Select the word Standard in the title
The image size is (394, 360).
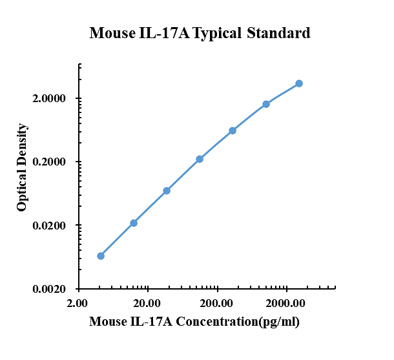tap(279, 33)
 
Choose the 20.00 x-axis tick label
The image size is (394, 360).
tap(147, 302)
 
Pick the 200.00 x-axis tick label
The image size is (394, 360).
tap(217, 302)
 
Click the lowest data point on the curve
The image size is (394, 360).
tap(101, 256)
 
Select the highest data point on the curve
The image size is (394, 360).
tap(299, 83)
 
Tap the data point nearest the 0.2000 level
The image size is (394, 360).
tap(200, 159)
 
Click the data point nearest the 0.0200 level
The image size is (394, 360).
tap(134, 223)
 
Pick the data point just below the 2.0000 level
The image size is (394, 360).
tap(266, 104)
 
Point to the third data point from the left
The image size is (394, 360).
tap(167, 191)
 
